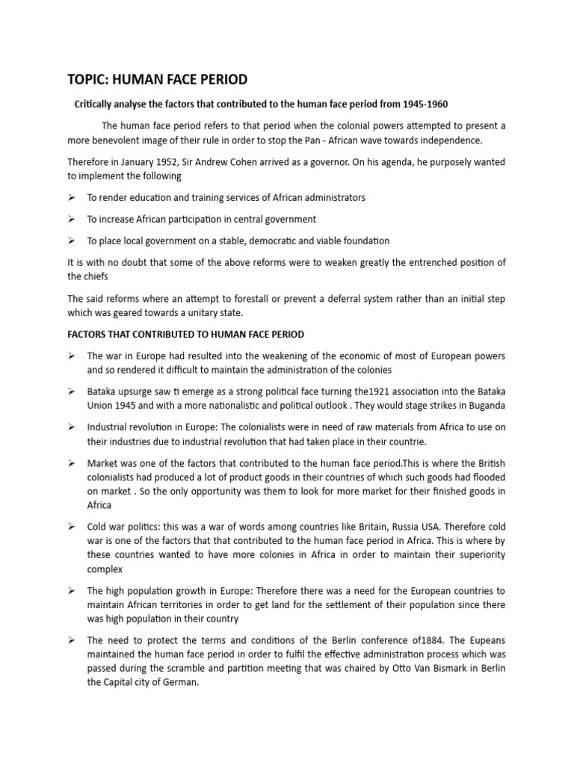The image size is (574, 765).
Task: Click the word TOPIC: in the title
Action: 89,79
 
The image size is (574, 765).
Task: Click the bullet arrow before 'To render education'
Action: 72,198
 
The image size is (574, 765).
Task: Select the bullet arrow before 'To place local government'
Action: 72,241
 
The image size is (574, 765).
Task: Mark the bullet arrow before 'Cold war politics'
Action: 72,526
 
